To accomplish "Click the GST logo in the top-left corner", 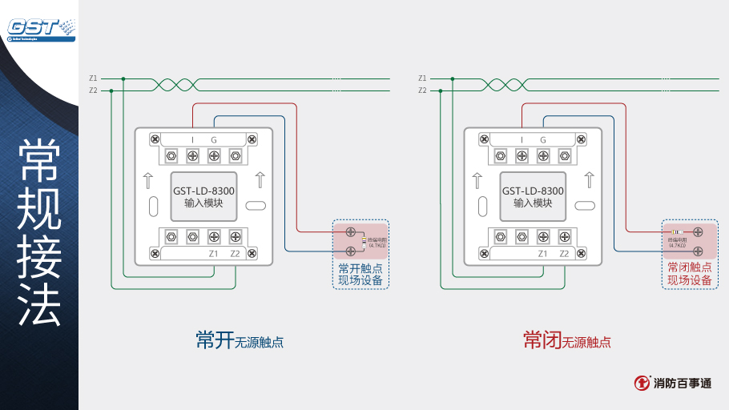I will (40, 28).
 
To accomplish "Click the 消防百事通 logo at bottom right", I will (672, 383).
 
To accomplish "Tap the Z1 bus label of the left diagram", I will (93, 78).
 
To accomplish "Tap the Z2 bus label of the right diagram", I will (422, 90).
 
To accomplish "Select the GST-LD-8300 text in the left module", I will (203, 191).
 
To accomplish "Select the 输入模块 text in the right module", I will (533, 203).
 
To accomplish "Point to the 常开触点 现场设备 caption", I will (360, 274).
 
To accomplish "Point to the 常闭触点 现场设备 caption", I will (690, 274).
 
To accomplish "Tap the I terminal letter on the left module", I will (192, 140).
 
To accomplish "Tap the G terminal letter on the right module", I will (543, 140).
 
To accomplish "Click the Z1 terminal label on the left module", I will (214, 254).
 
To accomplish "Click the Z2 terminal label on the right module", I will (564, 254).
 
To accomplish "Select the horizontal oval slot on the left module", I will (256, 206).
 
